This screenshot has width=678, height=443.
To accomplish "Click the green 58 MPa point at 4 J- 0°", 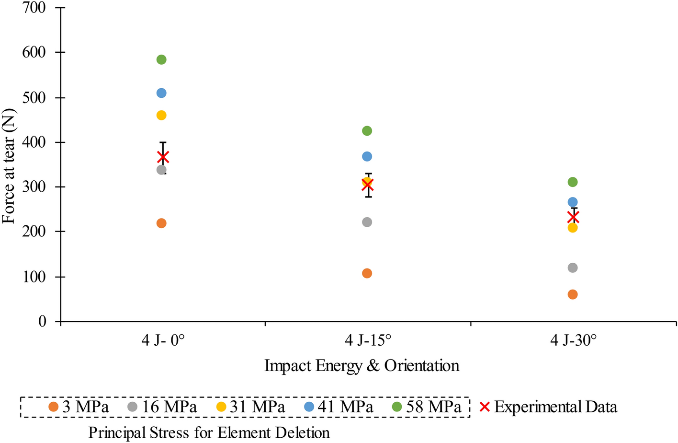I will click(161, 59).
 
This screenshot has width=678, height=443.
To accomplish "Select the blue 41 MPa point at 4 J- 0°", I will click(161, 93).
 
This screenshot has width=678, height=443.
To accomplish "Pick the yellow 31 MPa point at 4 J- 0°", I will click(161, 116).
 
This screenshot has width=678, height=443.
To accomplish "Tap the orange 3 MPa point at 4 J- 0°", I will click(161, 223).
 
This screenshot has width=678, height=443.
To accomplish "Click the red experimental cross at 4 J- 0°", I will click(163, 157).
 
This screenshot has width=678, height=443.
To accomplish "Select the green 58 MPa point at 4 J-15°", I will click(367, 131).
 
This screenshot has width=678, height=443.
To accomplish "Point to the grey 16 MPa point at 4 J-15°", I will click(367, 222).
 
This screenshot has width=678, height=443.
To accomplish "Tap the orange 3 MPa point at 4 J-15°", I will click(367, 273).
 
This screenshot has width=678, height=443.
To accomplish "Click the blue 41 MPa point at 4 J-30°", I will click(573, 202).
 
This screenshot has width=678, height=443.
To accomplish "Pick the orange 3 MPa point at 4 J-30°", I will click(573, 294).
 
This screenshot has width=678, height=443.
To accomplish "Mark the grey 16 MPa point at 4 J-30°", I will click(573, 268).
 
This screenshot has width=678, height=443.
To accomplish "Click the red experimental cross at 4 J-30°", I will click(573, 218).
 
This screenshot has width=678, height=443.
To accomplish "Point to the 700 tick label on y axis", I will click(34, 8).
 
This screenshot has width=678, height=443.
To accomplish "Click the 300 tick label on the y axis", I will click(34, 187).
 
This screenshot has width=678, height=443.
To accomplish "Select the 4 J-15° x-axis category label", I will click(368, 341).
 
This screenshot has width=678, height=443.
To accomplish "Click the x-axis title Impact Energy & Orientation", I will click(362, 366).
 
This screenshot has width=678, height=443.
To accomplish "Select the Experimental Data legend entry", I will click(548, 407).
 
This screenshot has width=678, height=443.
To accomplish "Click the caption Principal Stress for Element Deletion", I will click(209, 433).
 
